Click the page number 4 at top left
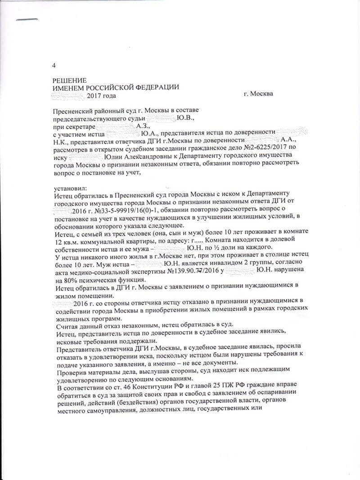point(54,66)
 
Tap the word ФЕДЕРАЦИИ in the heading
point(158,87)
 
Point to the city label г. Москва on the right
point(257,94)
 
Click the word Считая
point(66,326)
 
